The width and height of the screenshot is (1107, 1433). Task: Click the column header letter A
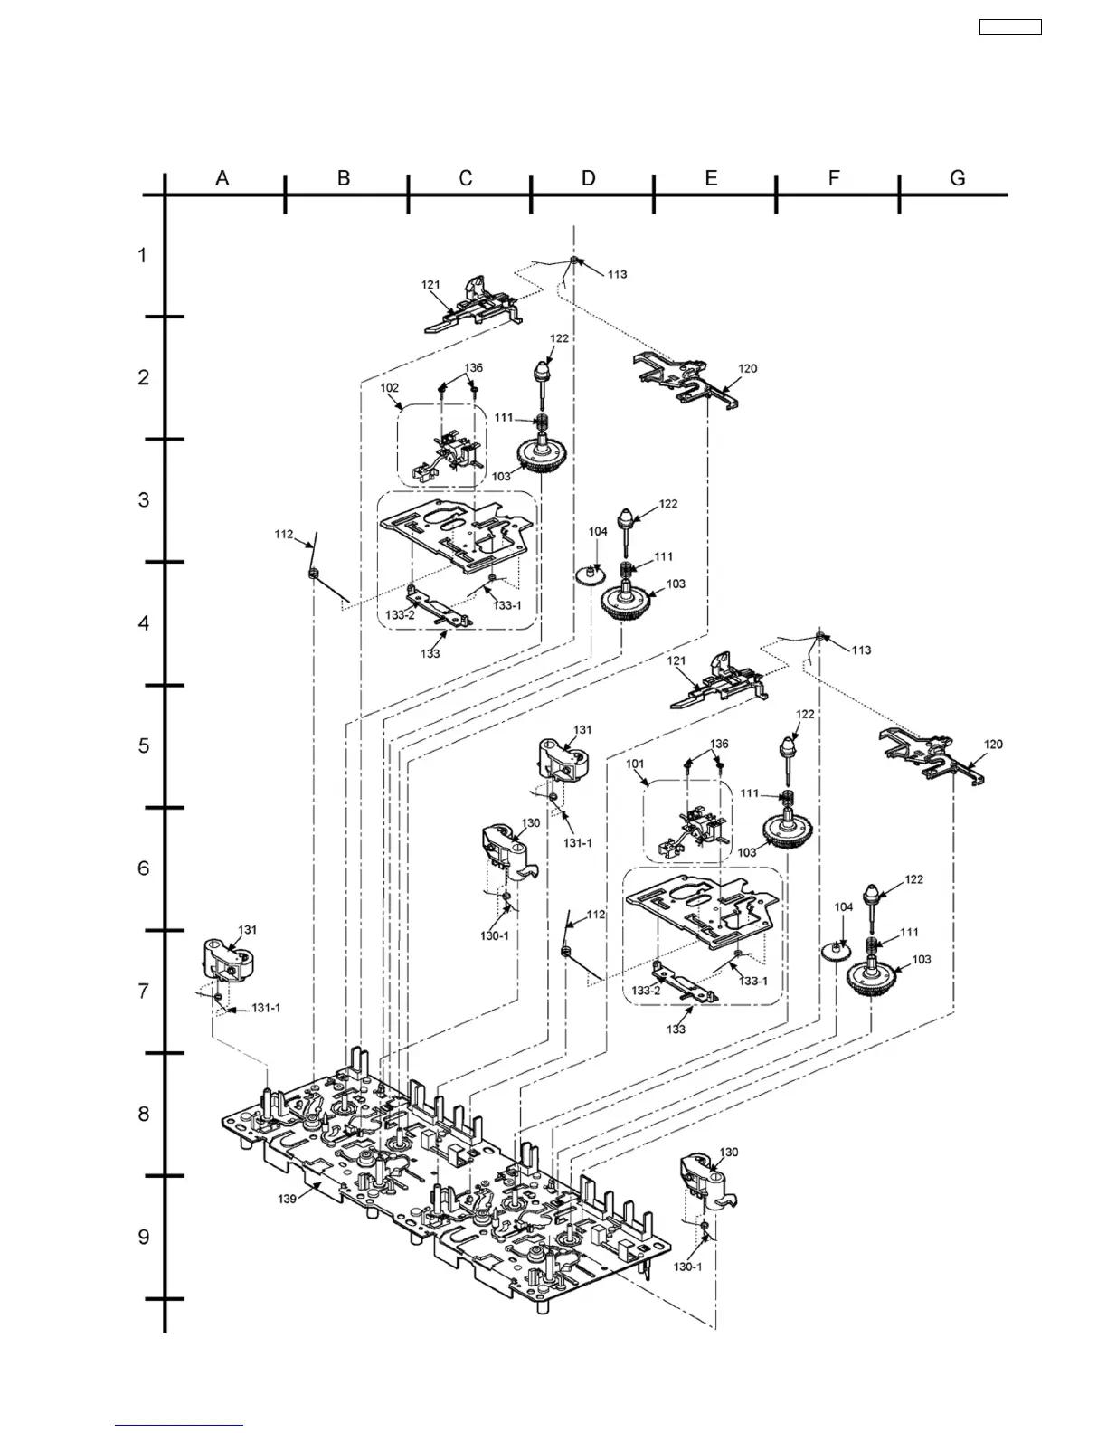[222, 178]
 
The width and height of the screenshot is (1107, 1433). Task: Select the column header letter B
[344, 178]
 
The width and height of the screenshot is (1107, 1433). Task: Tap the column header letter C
[466, 178]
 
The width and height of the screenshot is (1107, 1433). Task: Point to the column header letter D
[589, 178]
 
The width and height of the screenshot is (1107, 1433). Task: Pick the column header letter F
[834, 178]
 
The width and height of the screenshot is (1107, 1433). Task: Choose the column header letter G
[958, 178]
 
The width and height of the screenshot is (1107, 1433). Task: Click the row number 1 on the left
[143, 256]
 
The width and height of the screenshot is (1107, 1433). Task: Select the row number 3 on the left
[143, 500]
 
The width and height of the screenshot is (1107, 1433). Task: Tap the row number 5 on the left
[143, 746]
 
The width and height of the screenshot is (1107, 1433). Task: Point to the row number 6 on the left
[143, 868]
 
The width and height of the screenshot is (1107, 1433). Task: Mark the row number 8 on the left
[143, 1114]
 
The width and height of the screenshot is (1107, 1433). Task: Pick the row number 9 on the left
[143, 1237]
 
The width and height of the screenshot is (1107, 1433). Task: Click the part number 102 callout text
[390, 387]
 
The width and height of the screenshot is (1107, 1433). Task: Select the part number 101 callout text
[637, 764]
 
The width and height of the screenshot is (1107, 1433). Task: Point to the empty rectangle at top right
[1010, 27]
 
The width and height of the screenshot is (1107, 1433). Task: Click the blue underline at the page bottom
[179, 1425]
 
